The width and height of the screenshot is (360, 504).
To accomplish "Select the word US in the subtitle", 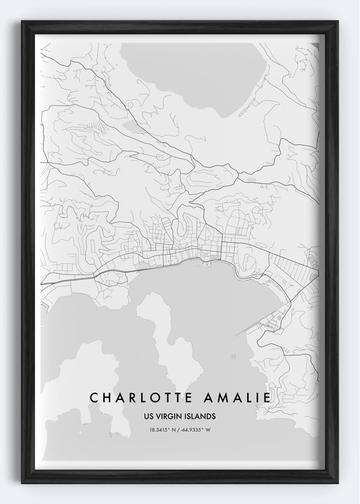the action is coord(149,416).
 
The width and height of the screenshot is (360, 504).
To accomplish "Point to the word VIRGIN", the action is coord(169,416).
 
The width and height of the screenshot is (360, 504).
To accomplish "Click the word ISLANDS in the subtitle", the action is coord(201,416).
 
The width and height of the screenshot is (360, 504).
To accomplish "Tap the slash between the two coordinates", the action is coord(179,430).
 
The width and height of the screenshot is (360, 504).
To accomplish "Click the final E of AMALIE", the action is coord(268,398).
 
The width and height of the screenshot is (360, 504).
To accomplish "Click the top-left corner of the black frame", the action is coord(23,22).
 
